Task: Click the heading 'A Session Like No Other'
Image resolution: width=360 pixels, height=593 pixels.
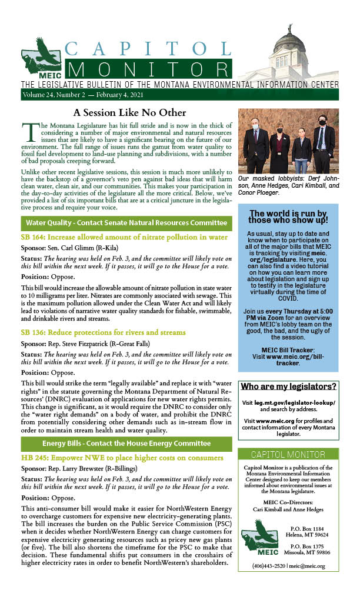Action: coord(129,112)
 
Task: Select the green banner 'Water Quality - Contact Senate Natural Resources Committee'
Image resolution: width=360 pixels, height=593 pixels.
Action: coord(126,223)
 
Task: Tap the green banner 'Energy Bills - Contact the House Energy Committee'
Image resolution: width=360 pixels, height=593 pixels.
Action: coord(126,442)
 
